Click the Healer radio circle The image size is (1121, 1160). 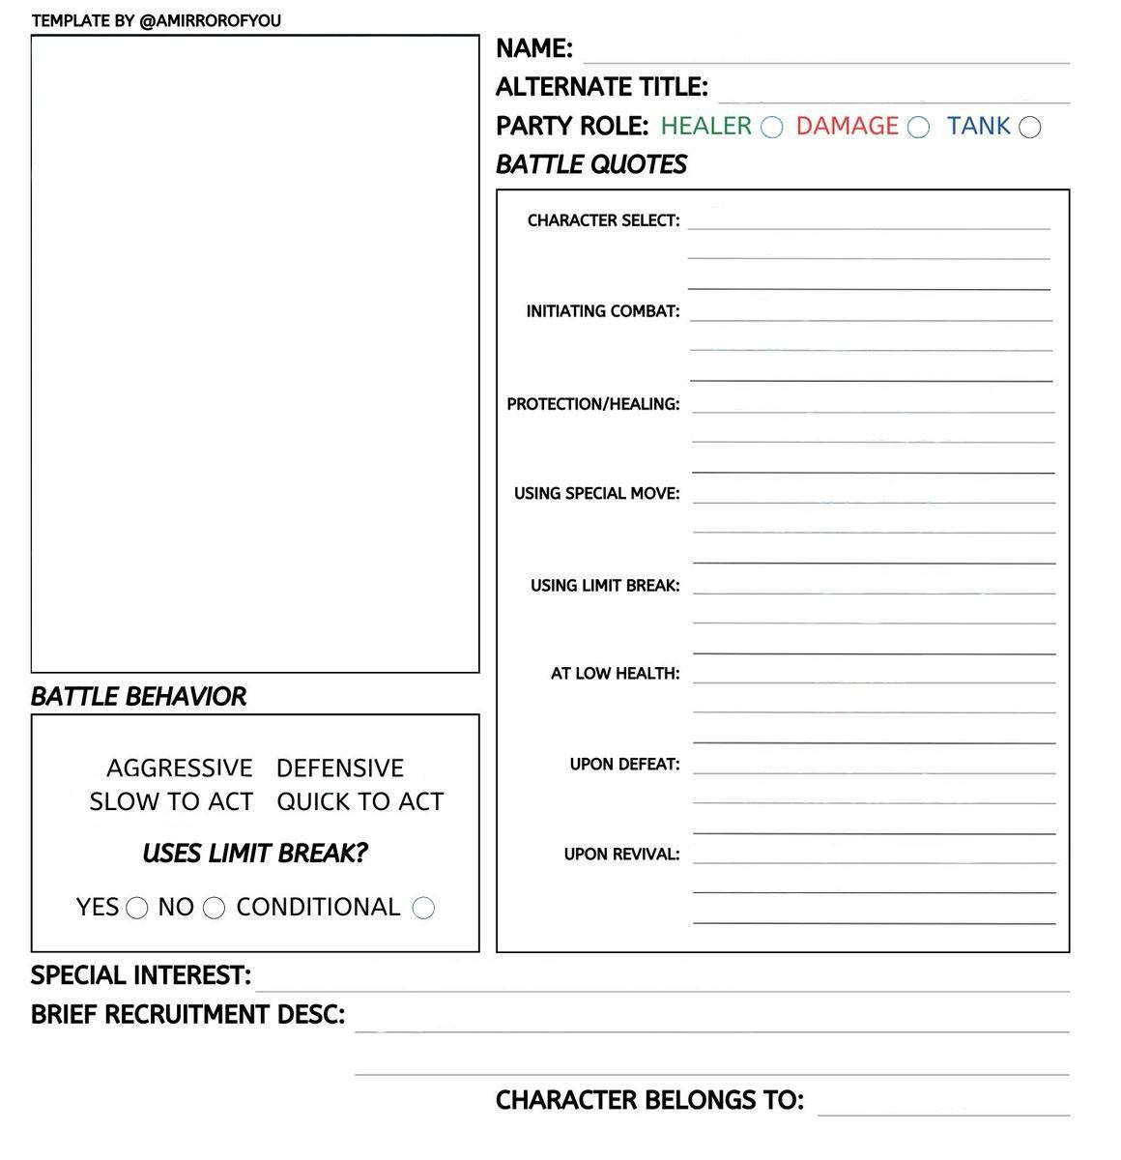point(771,128)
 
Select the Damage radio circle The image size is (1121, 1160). point(918,128)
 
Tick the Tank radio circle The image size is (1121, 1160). point(1030,128)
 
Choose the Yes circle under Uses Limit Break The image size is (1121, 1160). point(137,909)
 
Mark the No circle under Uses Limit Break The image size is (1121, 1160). point(215,909)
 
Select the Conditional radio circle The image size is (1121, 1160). point(423,908)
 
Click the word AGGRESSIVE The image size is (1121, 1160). point(180,768)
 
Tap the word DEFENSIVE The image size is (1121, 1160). point(340,768)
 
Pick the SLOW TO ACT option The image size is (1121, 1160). point(171,802)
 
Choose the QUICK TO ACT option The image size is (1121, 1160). point(359,802)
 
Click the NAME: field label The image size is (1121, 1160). point(534,48)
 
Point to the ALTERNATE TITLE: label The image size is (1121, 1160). point(602,87)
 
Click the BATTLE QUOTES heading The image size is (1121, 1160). point(591,164)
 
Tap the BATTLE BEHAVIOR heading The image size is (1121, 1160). point(138,696)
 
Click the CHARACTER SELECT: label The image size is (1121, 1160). point(604,220)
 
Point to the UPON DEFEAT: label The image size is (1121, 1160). point(625,765)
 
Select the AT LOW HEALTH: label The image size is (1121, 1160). point(616,674)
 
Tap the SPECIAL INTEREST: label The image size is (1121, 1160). point(141,975)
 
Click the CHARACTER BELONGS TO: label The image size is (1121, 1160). point(649,1100)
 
